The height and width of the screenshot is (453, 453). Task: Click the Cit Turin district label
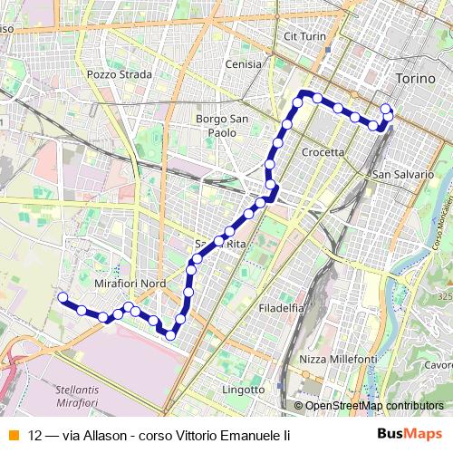pyautogui.click(x=304, y=35)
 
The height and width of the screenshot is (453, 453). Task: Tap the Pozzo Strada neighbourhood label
pyautogui.click(x=119, y=73)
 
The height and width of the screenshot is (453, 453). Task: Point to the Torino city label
pyautogui.click(x=416, y=79)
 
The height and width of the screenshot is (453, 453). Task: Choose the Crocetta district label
pyautogui.click(x=323, y=152)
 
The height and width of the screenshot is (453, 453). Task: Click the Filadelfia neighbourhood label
pyautogui.click(x=280, y=307)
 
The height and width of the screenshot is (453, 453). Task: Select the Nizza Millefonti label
pyautogui.click(x=338, y=360)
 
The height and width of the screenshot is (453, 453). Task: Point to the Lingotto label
pyautogui.click(x=243, y=390)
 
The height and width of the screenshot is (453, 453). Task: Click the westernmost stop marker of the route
pyautogui.click(x=63, y=297)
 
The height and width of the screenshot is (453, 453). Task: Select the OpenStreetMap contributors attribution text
pyautogui.click(x=374, y=405)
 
